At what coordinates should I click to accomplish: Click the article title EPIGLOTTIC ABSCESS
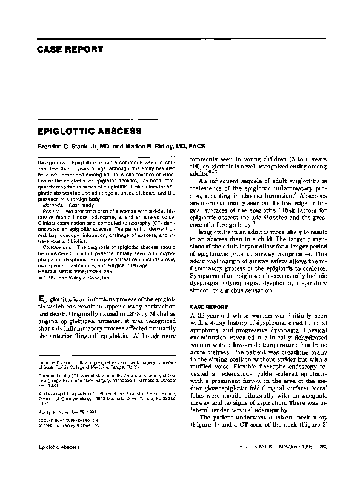(90, 131)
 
